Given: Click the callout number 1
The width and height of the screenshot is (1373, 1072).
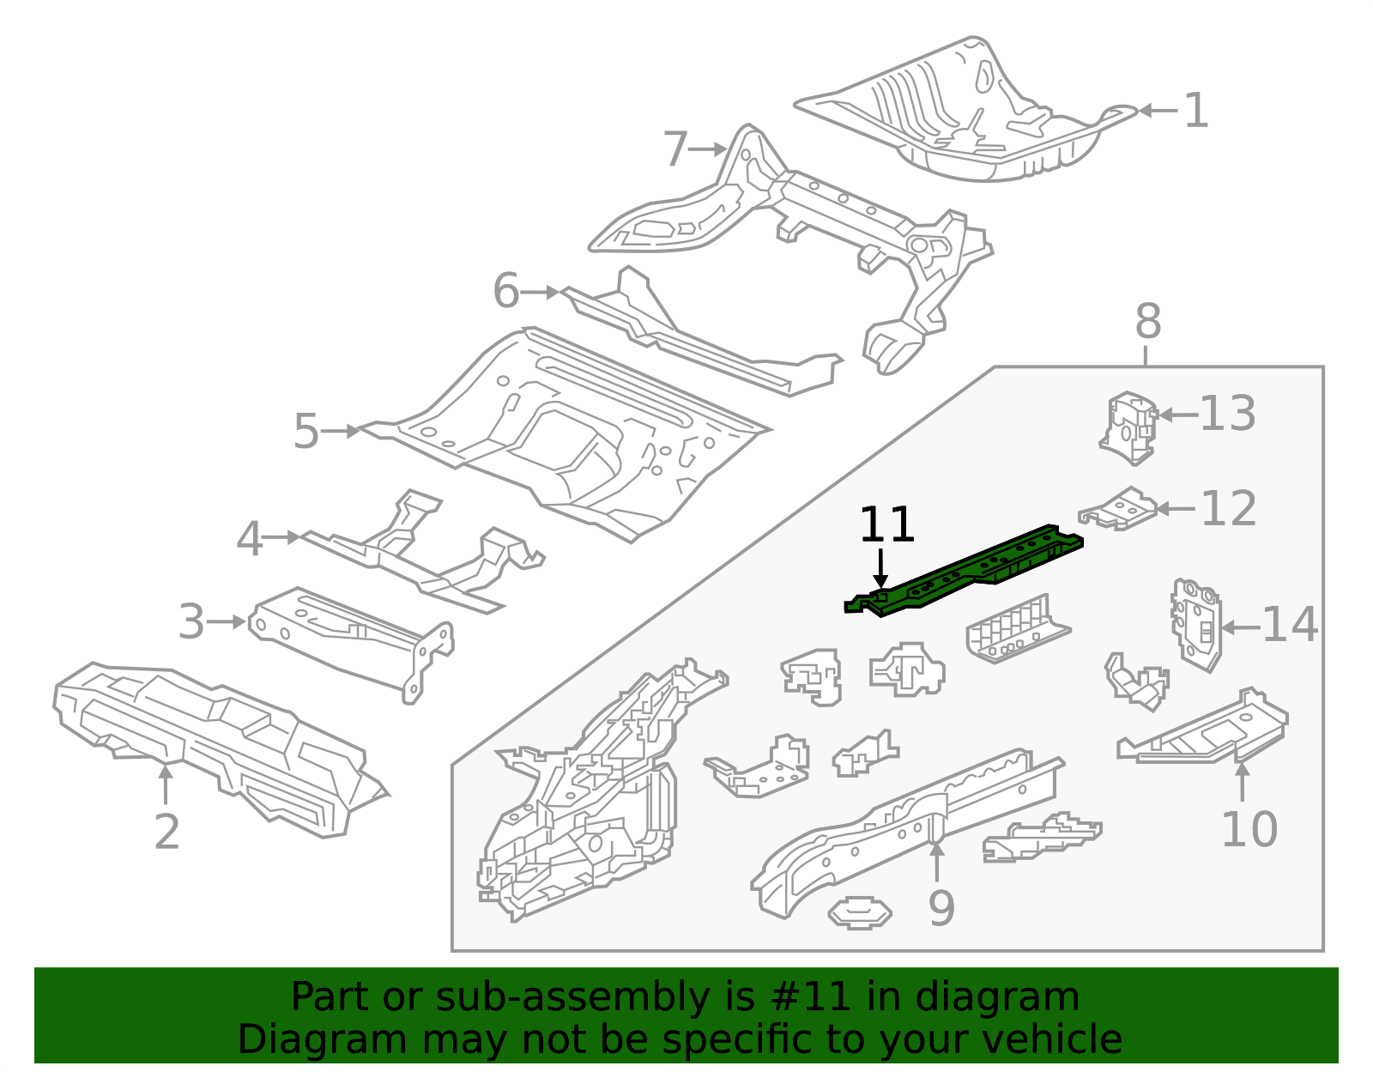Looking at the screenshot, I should pyautogui.click(x=1195, y=112).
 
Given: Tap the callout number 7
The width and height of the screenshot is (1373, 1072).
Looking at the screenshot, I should pyautogui.click(x=676, y=149).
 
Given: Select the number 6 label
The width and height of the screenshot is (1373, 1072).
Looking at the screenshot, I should pyautogui.click(x=505, y=291).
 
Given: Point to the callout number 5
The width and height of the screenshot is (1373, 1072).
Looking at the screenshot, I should pyautogui.click(x=305, y=431).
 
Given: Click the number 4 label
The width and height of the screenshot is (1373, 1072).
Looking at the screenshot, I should pyautogui.click(x=249, y=540).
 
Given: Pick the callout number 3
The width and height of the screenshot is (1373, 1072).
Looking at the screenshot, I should pyautogui.click(x=191, y=622).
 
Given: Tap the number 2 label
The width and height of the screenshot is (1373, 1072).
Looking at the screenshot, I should pyautogui.click(x=166, y=831).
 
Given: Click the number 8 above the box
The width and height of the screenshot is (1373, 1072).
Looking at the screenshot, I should pyautogui.click(x=1147, y=323).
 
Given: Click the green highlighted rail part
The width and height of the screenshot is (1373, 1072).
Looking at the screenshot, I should pyautogui.click(x=970, y=572).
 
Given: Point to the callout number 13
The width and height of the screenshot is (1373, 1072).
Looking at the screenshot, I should pyautogui.click(x=1227, y=415).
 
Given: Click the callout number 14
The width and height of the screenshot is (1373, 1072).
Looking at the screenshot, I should pyautogui.click(x=1290, y=625).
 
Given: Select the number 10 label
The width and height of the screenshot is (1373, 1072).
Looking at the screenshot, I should pyautogui.click(x=1249, y=829).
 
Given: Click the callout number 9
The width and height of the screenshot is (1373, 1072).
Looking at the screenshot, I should pyautogui.click(x=941, y=908).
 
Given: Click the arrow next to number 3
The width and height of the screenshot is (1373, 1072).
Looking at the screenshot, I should pyautogui.click(x=227, y=621).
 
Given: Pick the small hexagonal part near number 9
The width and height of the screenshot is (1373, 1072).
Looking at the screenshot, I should pyautogui.click(x=859, y=913).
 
